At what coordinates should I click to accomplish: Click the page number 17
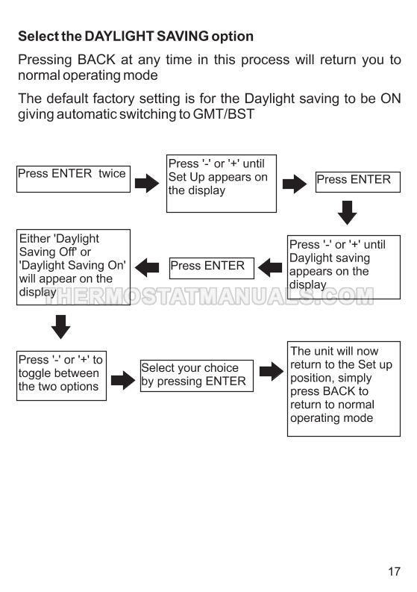pyautogui.click(x=395, y=571)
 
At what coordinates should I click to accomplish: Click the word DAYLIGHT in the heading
pyautogui.click(x=119, y=37)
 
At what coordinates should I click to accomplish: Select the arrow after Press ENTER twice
pyautogui.click(x=147, y=184)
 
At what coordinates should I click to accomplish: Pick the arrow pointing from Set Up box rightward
pyautogui.click(x=295, y=184)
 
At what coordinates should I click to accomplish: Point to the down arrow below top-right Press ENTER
pyautogui.click(x=347, y=213)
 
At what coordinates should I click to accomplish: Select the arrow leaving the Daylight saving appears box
pyautogui.click(x=270, y=268)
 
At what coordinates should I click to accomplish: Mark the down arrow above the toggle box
pyautogui.click(x=60, y=326)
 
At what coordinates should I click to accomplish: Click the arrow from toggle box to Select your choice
pyautogui.click(x=123, y=380)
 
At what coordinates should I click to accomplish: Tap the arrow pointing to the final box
pyautogui.click(x=272, y=371)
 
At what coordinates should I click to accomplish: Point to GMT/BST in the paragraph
pyautogui.click(x=224, y=114)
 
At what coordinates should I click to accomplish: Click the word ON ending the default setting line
pyautogui.click(x=391, y=99)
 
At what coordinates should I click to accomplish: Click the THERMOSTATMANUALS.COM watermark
pyautogui.click(x=209, y=296)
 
